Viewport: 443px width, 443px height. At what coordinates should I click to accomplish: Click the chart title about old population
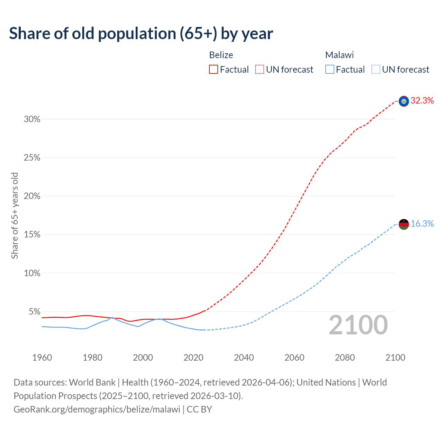[141, 34]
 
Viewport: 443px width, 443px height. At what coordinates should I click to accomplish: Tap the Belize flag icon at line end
[404, 101]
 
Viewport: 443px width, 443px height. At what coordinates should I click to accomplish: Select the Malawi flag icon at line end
[404, 224]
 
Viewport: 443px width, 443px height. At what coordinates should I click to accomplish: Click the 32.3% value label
[422, 101]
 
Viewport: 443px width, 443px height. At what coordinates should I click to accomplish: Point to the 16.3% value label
[422, 224]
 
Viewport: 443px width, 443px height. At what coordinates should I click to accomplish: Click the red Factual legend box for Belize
[214, 70]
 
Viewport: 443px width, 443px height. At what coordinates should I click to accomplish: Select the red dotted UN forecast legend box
[260, 70]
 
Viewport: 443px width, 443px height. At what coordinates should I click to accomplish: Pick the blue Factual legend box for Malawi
[329, 70]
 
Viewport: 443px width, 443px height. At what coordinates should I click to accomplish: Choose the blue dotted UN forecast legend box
[376, 70]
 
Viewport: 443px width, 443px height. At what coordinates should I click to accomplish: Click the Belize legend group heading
[221, 55]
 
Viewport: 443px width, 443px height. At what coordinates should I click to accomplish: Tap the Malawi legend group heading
[340, 55]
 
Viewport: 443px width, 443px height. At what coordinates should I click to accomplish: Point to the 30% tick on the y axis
[32, 119]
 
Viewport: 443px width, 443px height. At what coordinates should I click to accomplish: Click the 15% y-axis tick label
[32, 235]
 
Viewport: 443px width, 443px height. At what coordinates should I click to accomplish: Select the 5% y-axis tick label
[34, 312]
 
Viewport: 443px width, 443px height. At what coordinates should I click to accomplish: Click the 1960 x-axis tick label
[42, 358]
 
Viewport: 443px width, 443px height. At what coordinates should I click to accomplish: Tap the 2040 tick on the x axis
[244, 358]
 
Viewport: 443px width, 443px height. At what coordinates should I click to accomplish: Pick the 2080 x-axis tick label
[345, 358]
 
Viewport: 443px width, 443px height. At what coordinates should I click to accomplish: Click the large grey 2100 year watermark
[358, 325]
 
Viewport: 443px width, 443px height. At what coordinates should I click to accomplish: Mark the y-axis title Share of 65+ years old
[15, 215]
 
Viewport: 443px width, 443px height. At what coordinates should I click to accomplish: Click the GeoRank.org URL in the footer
[97, 409]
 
